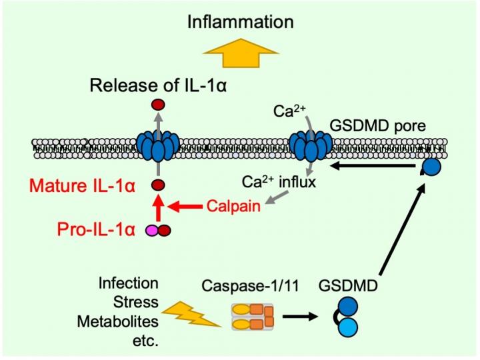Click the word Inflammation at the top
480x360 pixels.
point(240,21)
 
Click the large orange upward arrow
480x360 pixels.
point(241,55)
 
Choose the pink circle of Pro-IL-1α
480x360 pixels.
point(153,231)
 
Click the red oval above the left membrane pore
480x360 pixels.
point(158,105)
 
